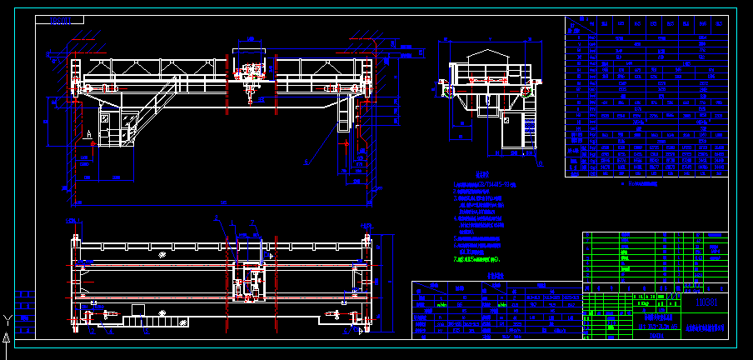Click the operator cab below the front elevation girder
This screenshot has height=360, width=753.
(117, 127)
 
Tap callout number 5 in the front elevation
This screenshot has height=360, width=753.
(307, 162)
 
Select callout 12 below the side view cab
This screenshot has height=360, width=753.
(539, 164)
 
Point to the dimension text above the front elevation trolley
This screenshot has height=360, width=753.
(250, 39)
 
